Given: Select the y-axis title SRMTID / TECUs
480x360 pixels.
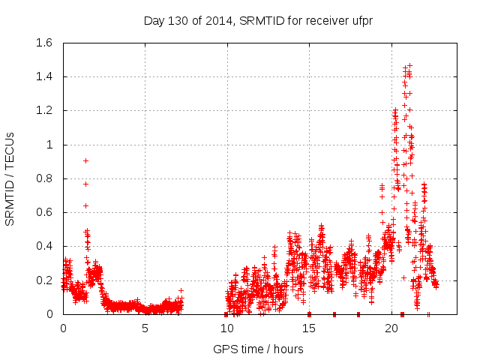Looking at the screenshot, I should pos(10,178).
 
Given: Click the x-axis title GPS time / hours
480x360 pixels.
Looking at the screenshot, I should pos(258,349).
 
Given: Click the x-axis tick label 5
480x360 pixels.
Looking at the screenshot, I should pos(145,328).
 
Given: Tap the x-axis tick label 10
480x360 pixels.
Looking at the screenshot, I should pos(226,328).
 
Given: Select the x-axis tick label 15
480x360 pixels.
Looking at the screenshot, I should pos(309,328).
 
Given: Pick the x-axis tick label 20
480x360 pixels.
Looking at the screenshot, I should pos(391,328).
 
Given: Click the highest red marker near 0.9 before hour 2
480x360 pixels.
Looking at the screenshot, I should pos(85,160).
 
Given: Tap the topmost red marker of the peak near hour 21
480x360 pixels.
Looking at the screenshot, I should pos(409,65).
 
